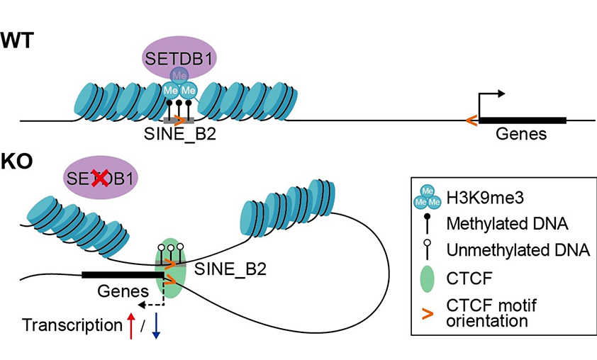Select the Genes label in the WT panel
pyautogui.click(x=521, y=133)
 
